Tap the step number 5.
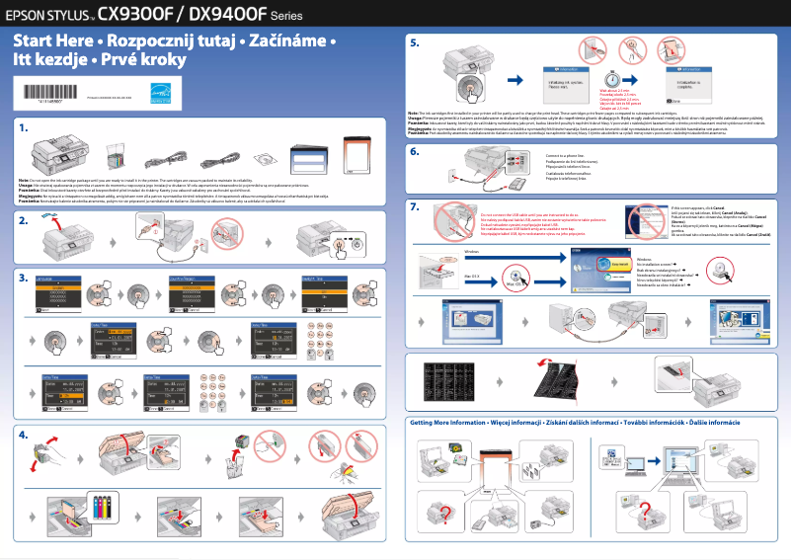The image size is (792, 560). [415, 43]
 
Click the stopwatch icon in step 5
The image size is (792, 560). [613, 79]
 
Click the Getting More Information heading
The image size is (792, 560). [459, 422]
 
